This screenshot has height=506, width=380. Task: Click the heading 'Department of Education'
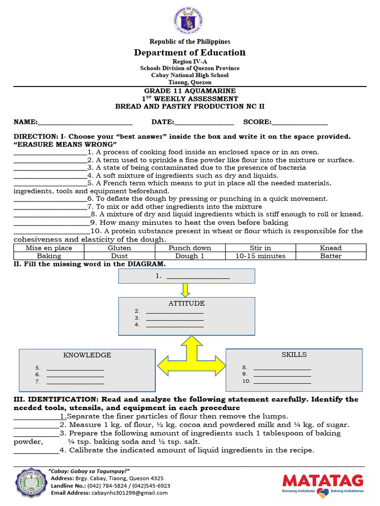coord(190,52)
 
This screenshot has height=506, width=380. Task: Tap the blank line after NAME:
coord(85,123)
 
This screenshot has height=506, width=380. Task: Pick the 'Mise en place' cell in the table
coord(49,248)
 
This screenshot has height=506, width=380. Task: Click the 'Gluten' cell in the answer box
coord(119,248)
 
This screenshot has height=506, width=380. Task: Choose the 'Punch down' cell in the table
coord(190,248)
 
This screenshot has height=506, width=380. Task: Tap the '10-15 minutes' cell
coord(260,256)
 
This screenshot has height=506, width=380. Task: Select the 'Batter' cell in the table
coord(331,256)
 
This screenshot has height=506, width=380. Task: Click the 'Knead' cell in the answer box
coord(331,248)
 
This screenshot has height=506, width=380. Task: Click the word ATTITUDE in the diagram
coord(187,303)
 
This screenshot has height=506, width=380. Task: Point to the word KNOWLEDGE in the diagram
coord(87,355)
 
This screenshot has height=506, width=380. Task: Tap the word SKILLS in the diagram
coord(294,354)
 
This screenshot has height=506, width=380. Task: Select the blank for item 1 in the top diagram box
coord(198,277)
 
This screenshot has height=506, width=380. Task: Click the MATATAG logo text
coord(323,480)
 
